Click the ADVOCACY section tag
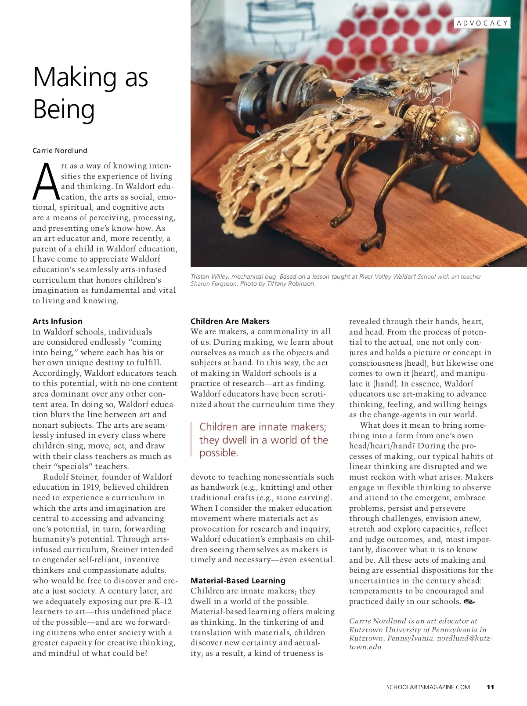pos(482,23)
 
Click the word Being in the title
pos(64,109)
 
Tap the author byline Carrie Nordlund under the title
pos(60,150)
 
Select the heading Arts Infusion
pos(58,321)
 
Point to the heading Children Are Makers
pos(230,321)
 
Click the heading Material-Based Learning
pos(238,581)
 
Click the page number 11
pos(491,687)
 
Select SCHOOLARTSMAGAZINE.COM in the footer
pos(428,687)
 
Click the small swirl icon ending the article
pos(469,601)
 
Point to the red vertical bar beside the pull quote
pos(192,439)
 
